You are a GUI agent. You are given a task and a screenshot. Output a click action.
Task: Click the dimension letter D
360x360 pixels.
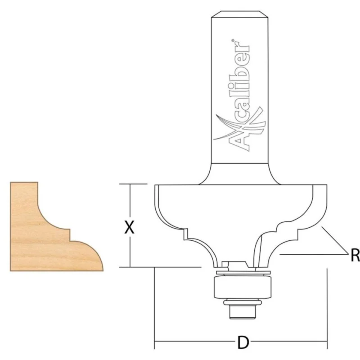pyautogui.click(x=243, y=342)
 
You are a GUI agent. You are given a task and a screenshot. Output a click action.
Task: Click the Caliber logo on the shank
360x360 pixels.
pyautogui.click(x=239, y=96)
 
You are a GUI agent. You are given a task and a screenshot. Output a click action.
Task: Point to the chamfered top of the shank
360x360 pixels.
pyautogui.click(x=240, y=14)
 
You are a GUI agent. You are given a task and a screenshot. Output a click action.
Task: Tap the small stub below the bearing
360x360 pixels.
pyautogui.click(x=243, y=312)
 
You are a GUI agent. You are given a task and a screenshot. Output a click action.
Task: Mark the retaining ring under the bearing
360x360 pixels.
pyautogui.click(x=243, y=302)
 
